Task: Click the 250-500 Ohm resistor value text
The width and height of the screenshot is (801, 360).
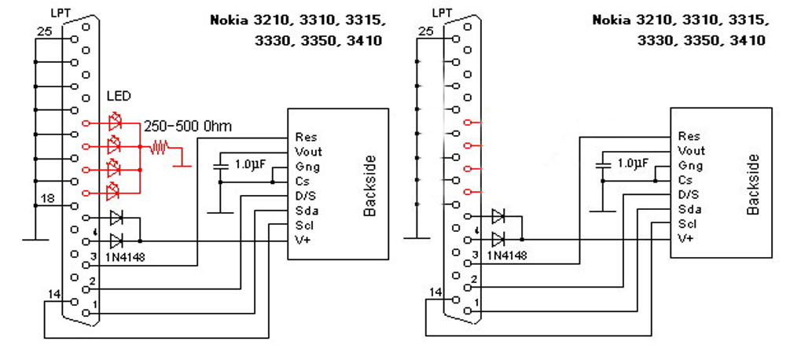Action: pyautogui.click(x=187, y=126)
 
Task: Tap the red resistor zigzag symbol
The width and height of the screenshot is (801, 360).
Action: pyautogui.click(x=160, y=146)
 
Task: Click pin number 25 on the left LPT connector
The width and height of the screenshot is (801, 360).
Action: pyautogui.click(x=45, y=31)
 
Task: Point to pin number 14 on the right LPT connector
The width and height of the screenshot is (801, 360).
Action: pyautogui.click(x=435, y=293)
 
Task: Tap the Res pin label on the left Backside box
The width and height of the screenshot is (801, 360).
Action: pyautogui.click(x=305, y=137)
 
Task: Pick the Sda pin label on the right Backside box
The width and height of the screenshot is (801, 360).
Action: pyautogui.click(x=688, y=210)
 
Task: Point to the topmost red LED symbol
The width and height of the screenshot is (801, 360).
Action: pyautogui.click(x=116, y=123)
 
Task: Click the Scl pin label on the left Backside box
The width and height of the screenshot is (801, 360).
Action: pyautogui.click(x=304, y=225)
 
